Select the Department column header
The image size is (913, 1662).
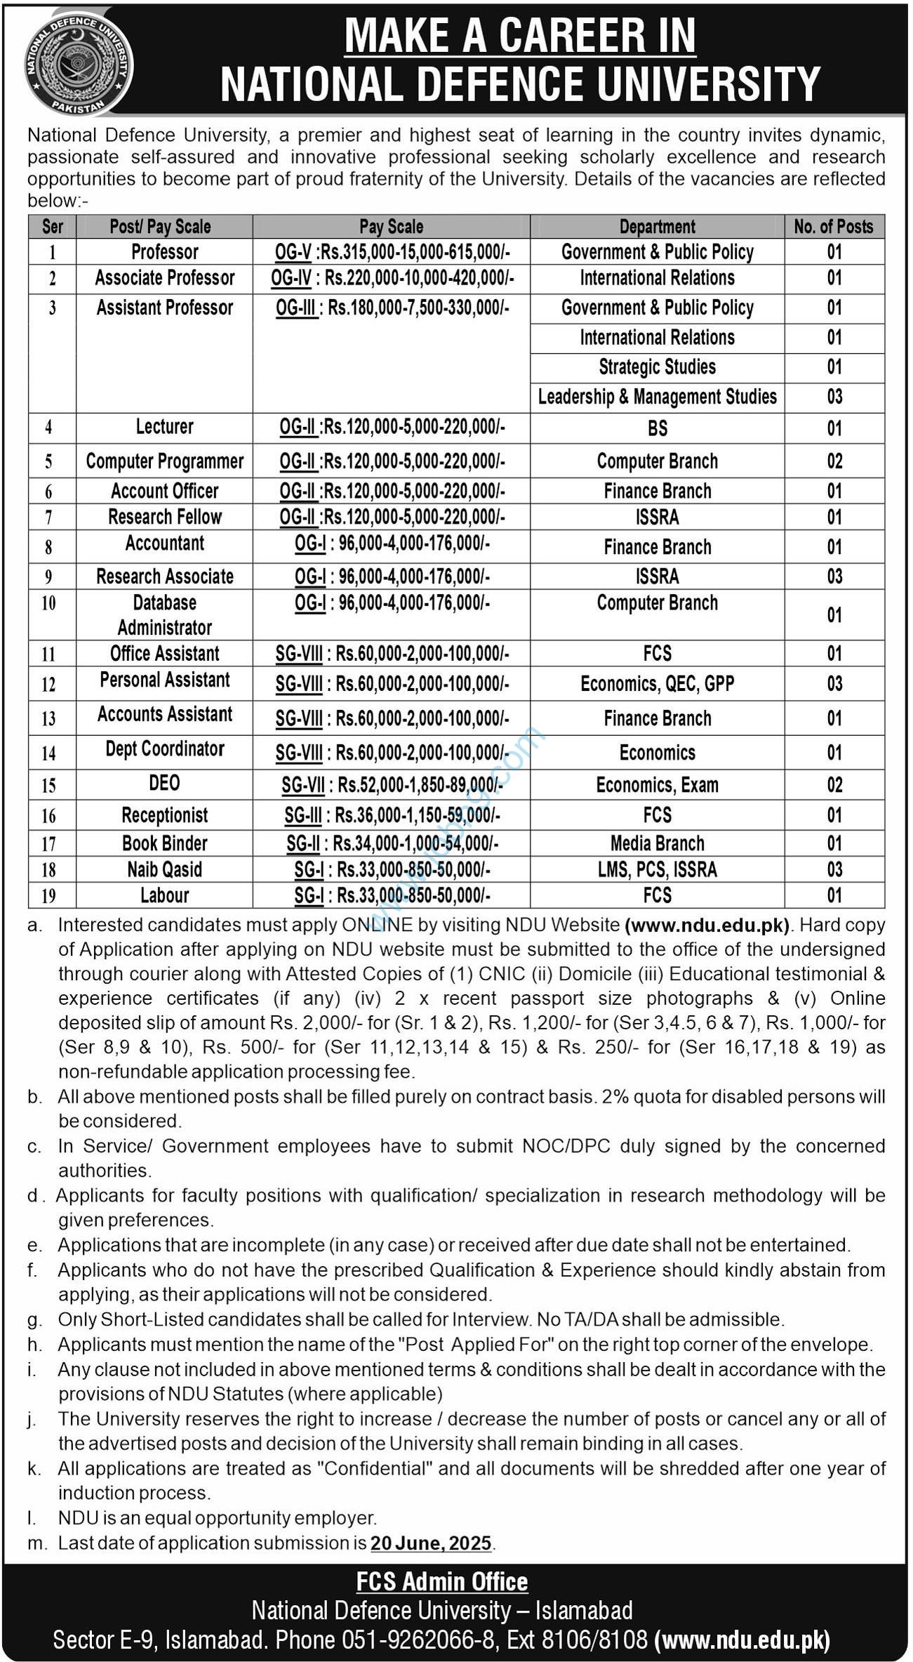coord(657,227)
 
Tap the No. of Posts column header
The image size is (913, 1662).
coord(834,227)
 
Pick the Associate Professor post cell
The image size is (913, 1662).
coord(165,278)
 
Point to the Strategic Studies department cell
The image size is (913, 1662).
coord(657,367)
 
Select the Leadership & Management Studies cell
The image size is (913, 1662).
coord(657,397)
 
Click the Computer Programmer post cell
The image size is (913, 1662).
coord(165,461)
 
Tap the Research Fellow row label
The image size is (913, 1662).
coord(165,517)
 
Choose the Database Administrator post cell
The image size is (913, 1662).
coord(165,615)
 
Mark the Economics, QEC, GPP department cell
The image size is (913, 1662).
coord(657,684)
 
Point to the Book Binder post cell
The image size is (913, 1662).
coord(165,843)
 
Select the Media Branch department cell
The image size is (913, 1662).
coord(657,843)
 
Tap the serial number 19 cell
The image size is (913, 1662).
coord(48,896)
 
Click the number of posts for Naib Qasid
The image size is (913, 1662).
coord(834,869)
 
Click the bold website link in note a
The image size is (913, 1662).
coord(707,925)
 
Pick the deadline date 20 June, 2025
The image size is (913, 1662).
coord(431,1543)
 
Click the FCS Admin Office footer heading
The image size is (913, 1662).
coord(442,1582)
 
